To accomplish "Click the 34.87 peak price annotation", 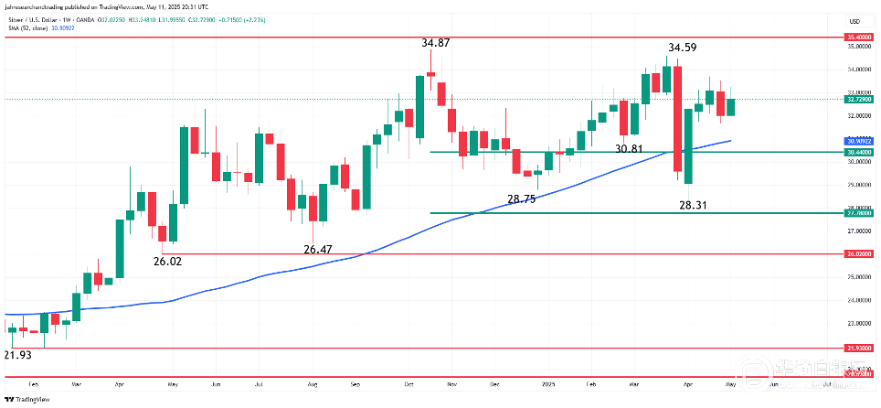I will (434, 43).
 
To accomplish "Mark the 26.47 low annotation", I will (318, 249).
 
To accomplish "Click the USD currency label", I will (854, 21).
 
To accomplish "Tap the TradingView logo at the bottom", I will (27, 400).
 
